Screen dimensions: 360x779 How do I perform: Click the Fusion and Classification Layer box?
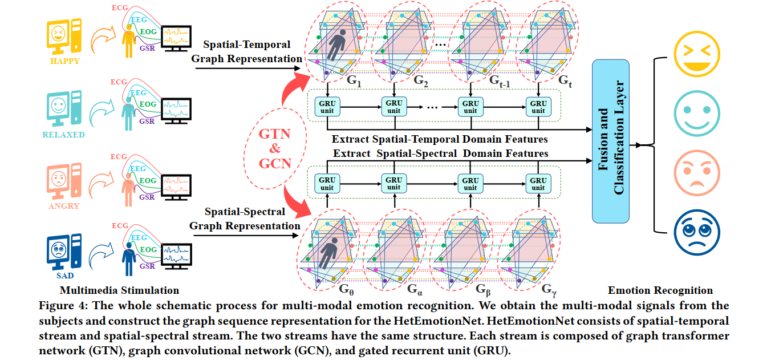[611, 140]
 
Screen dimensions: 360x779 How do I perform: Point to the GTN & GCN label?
[275, 148]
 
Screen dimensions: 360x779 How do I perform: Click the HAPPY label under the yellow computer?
[64, 61]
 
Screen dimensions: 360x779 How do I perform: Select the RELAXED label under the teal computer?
[63, 135]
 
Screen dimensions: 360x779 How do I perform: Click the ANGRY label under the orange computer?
[64, 205]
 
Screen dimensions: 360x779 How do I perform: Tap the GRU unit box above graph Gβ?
[470, 184]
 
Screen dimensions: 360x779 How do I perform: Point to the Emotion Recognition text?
[660, 290]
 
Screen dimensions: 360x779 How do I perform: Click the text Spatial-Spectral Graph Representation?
[245, 219]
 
